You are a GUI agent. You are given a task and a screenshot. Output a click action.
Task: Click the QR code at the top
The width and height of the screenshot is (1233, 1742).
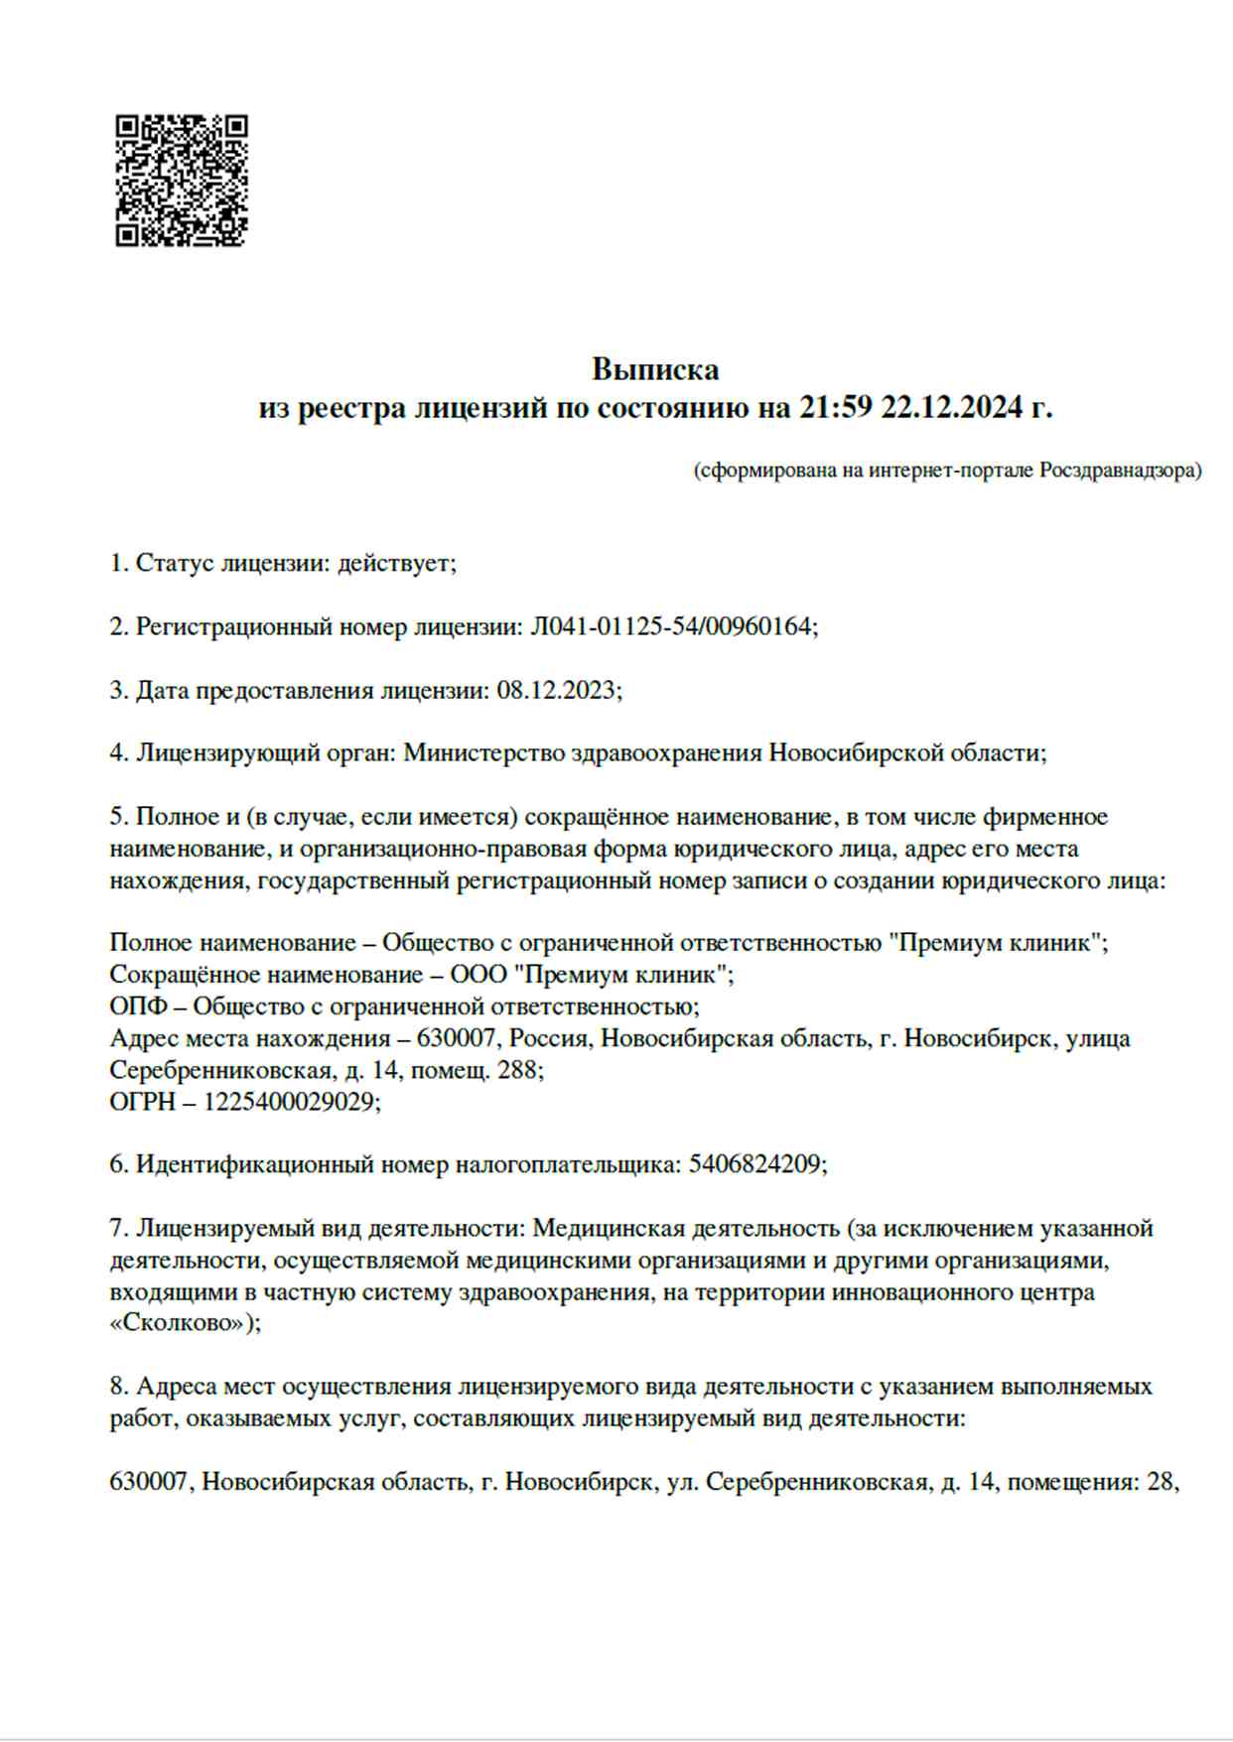pyautogui.click(x=182, y=180)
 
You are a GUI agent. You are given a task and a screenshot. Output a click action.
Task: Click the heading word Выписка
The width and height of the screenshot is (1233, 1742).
pyautogui.click(x=655, y=369)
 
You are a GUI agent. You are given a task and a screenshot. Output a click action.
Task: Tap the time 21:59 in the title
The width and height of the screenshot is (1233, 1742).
pyautogui.click(x=835, y=407)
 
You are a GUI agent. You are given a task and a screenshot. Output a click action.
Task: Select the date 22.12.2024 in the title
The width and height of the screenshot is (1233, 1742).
pyautogui.click(x=951, y=407)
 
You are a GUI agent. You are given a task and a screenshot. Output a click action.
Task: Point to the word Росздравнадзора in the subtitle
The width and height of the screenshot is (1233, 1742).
pyautogui.click(x=1120, y=470)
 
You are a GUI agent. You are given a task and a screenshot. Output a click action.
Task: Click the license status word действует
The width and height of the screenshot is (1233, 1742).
pyautogui.click(x=395, y=563)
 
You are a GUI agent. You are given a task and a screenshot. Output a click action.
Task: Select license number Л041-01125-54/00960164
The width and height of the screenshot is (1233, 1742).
pyautogui.click(x=672, y=626)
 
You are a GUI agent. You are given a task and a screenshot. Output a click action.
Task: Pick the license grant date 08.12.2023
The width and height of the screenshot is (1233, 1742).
pyautogui.click(x=557, y=690)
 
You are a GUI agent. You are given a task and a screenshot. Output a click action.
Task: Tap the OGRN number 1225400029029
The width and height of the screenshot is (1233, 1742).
pyautogui.click(x=289, y=1102)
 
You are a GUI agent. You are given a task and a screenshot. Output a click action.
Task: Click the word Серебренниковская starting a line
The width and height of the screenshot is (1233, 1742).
pyautogui.click(x=220, y=1070)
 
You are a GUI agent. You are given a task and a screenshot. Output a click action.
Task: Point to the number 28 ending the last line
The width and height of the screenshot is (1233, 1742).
pyautogui.click(x=1160, y=1482)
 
